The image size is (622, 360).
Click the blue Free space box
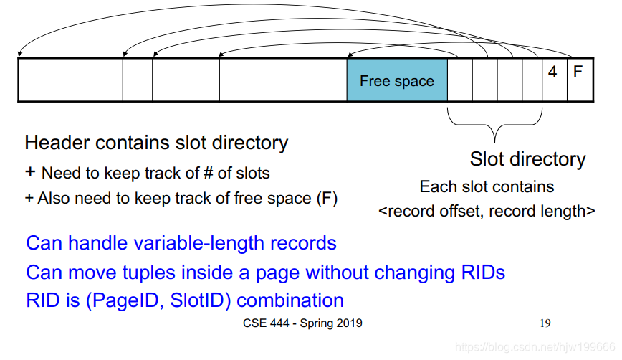[x=397, y=80]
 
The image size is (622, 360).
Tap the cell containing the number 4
[x=552, y=72]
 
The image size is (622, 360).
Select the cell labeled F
[x=578, y=72]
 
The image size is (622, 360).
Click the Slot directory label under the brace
[x=527, y=159]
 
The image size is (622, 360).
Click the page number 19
[x=545, y=323]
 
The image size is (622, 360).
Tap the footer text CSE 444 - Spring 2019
[x=302, y=323]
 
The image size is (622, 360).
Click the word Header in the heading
[x=54, y=143]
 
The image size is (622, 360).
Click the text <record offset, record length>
[x=487, y=212]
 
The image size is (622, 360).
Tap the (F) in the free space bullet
[x=327, y=198]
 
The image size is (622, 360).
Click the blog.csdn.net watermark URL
[x=535, y=347]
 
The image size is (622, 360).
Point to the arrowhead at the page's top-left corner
[x=20, y=55]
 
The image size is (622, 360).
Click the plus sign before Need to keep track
[x=30, y=173]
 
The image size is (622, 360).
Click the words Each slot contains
[x=487, y=187]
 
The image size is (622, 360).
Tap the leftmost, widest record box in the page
[x=70, y=80]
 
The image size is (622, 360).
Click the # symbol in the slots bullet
[x=202, y=174]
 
